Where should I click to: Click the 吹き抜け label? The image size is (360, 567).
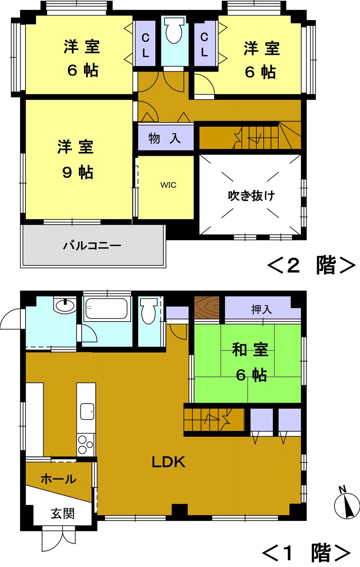pyautogui.click(x=251, y=196)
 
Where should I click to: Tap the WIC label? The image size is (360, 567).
pyautogui.click(x=168, y=185)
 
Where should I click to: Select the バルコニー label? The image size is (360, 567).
pyautogui.click(x=92, y=246)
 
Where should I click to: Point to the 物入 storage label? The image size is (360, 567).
pyautogui.click(x=165, y=138)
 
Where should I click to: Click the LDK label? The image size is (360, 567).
pyautogui.click(x=168, y=462)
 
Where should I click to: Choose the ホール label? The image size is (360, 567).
pyautogui.click(x=58, y=479)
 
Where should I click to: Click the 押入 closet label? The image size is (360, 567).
pyautogui.click(x=261, y=309)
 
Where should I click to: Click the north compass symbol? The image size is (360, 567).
pyautogui.click(x=346, y=504)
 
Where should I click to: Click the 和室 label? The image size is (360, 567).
pyautogui.click(x=251, y=350)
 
